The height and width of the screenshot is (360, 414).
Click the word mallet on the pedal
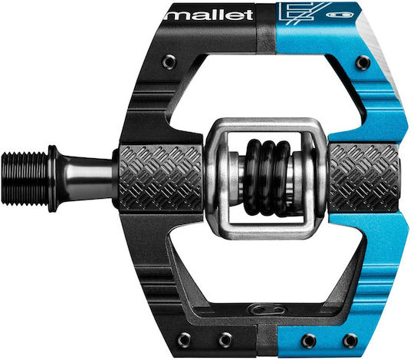[209, 15]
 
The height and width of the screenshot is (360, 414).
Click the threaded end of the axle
[25, 179]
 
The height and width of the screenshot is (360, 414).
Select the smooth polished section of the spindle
[87, 179]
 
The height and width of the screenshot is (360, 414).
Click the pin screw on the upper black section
[169, 61]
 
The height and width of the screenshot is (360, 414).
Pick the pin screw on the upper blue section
[362, 63]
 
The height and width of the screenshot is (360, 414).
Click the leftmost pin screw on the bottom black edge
[184, 339]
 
